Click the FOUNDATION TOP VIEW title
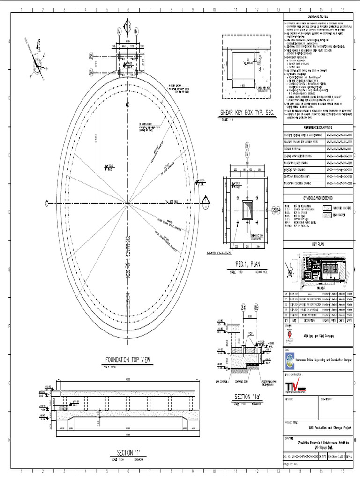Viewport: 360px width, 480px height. coord(127,360)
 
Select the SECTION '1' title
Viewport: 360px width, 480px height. coord(129,452)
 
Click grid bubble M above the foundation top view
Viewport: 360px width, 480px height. coord(119,31)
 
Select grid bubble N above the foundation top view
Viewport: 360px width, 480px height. coord(136,31)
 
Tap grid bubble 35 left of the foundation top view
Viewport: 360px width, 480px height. coord(91,57)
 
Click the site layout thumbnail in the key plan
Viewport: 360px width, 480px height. coord(323,269)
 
